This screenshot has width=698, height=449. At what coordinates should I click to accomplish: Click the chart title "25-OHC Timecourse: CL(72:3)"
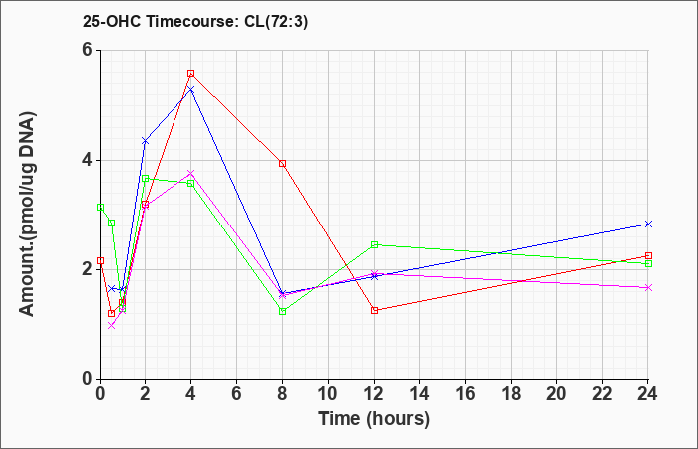[x=195, y=22]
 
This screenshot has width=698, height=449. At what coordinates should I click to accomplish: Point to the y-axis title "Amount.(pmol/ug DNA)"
[x=27, y=214]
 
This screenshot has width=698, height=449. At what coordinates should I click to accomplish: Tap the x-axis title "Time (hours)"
[x=374, y=419]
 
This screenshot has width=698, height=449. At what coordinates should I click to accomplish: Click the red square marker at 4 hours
[x=191, y=74]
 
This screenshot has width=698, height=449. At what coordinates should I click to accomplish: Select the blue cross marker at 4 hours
[x=191, y=90]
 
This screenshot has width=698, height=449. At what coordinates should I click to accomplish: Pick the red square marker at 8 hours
[x=282, y=163]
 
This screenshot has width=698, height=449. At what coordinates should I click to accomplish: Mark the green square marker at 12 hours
[x=374, y=245]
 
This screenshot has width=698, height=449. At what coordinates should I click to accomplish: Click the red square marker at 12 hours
[x=374, y=311]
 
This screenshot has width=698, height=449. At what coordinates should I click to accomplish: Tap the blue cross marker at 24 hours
[x=648, y=224]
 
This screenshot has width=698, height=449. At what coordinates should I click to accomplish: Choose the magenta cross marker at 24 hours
[x=648, y=288]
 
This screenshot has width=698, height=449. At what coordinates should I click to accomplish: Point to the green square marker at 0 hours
[x=100, y=208]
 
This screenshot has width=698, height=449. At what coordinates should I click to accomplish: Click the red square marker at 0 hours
[x=100, y=261]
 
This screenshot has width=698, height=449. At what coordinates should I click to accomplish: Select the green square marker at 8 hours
[x=282, y=311]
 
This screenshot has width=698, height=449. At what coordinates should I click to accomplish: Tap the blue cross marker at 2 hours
[x=146, y=141]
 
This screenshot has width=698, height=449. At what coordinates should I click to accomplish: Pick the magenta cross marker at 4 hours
[x=191, y=173]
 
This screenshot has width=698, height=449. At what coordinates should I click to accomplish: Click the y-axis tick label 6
[x=87, y=50]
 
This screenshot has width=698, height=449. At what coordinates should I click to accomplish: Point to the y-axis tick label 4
[x=87, y=160]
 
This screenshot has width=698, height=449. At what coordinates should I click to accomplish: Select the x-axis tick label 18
[x=511, y=394]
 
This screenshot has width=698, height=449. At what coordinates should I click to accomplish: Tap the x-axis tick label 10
[x=328, y=394]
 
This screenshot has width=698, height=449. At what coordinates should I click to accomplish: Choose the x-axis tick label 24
[x=647, y=394]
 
